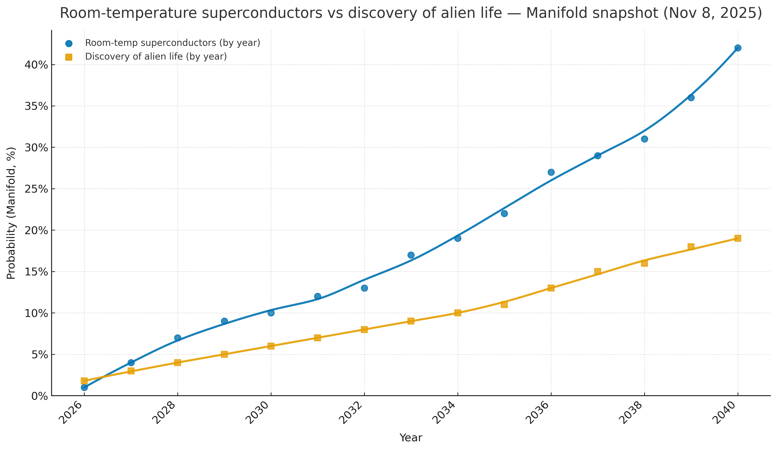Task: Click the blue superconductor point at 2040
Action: (738, 48)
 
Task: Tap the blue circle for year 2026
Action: (84, 387)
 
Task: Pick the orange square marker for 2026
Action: (84, 381)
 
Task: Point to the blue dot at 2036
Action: (551, 172)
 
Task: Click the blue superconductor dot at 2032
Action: (364, 288)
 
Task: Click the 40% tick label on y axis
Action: (36, 65)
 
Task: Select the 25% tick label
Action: (36, 189)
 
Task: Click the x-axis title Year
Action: (411, 438)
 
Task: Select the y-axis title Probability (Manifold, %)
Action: (11, 213)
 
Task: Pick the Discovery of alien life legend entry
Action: (156, 57)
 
